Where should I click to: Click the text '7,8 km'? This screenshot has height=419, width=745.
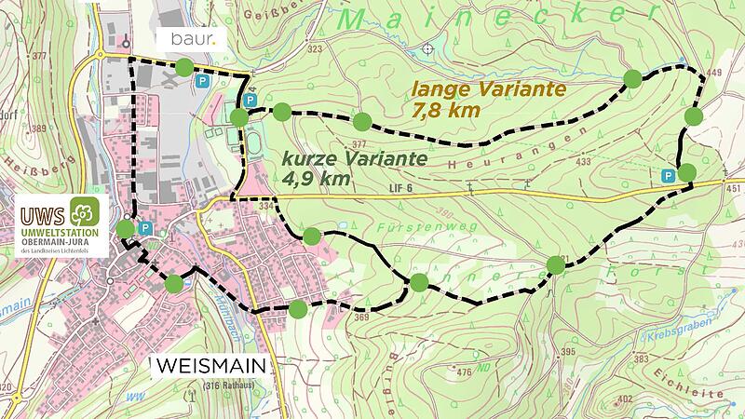pyautogui.click(x=445, y=111)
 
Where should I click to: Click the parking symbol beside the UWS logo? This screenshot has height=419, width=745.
pyautogui.click(x=145, y=228)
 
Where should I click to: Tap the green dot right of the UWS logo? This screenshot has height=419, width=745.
pyautogui.click(x=125, y=229)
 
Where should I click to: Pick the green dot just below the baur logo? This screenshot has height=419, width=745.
pyautogui.click(x=184, y=66)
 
